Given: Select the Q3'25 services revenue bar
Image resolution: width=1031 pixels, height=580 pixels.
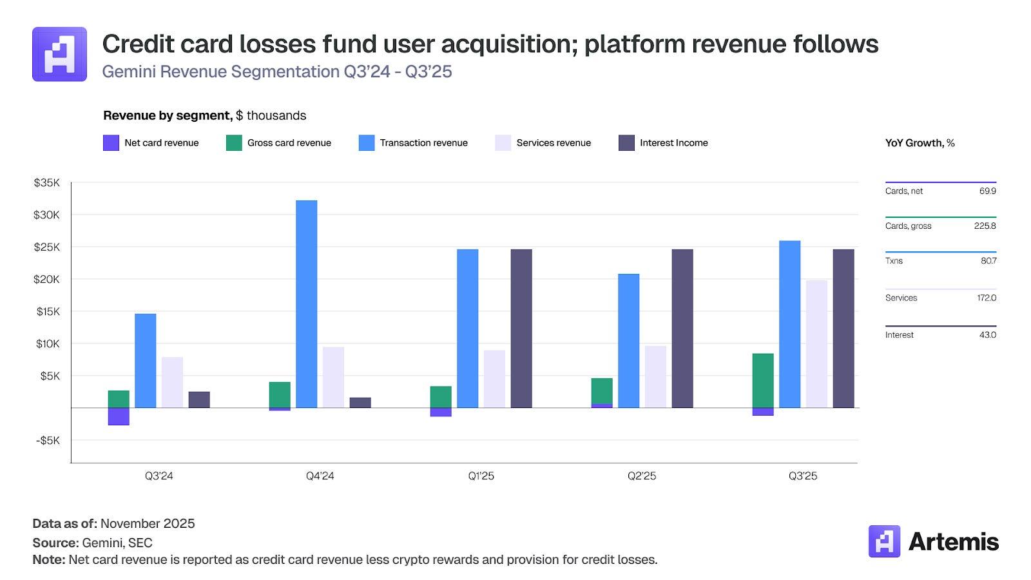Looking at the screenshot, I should pos(816,344).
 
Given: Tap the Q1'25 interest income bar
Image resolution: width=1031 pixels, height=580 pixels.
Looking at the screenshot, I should pos(521,329).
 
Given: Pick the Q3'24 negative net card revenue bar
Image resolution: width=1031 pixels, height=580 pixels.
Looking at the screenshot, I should pos(119,416).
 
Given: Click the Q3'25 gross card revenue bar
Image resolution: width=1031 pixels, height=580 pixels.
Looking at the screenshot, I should pos(763,380).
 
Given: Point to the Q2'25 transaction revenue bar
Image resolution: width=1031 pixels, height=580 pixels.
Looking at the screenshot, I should pos(628,341).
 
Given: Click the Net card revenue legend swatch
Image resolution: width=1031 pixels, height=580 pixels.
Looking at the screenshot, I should pos(111,143).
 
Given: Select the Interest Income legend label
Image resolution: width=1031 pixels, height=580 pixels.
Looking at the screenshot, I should pos(673,143).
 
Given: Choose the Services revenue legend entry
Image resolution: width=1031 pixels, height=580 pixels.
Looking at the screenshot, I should pos(554,143).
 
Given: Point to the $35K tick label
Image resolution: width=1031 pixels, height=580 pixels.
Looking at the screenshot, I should pos(46,183).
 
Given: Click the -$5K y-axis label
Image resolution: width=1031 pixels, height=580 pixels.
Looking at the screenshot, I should pos(47,441).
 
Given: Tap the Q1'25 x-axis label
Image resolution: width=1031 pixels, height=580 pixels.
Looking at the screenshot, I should pos(481,476).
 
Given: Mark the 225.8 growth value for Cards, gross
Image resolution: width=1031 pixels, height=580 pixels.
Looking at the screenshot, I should pos(985,226).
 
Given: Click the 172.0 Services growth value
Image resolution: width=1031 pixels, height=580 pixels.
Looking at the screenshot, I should pos(986,298).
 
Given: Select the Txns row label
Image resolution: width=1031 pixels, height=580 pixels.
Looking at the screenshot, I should pos(894,261).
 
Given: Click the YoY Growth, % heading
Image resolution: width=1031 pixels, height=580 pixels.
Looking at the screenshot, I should pos(920,143).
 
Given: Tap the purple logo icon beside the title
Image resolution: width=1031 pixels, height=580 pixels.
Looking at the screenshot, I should pos(59,54).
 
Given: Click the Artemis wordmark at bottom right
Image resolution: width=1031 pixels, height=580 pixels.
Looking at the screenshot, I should pos(953,542).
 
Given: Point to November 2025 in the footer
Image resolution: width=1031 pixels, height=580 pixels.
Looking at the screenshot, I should pos(148,524).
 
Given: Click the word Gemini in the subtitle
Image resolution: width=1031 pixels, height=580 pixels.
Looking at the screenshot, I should pos(128,72).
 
